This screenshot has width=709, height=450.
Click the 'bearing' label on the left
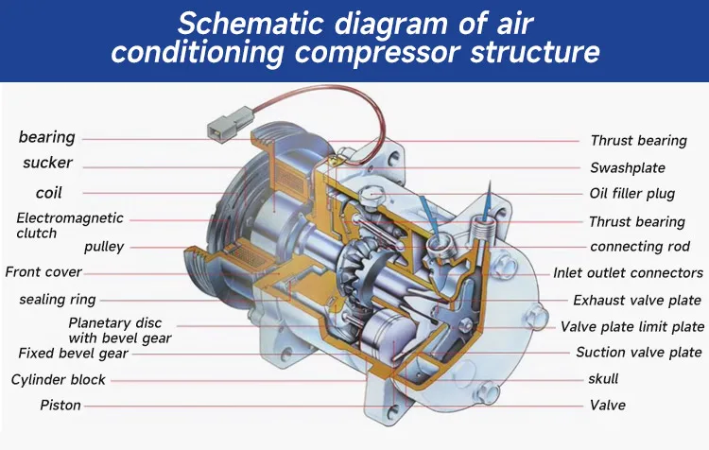(x=46, y=138)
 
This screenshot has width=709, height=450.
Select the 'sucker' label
(x=47, y=164)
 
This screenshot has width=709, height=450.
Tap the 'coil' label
(x=48, y=193)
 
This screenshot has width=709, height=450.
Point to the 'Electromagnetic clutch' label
(x=56, y=225)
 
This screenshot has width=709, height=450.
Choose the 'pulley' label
(x=104, y=247)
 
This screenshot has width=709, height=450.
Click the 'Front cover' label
(x=43, y=272)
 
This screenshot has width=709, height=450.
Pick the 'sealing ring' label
(x=57, y=300)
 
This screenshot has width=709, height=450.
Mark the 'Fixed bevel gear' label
(x=73, y=354)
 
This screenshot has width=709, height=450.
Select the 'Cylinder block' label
(x=59, y=380)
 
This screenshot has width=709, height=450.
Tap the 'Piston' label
(x=61, y=406)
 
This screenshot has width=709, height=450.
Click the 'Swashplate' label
(x=628, y=167)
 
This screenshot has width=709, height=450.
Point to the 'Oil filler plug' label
(x=631, y=195)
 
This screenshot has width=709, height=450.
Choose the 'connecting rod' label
(x=640, y=247)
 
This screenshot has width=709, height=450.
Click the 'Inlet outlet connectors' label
(x=628, y=273)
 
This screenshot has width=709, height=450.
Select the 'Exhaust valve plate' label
(x=637, y=301)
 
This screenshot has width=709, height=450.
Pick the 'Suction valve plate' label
(x=639, y=353)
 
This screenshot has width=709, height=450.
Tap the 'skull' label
(x=603, y=379)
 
